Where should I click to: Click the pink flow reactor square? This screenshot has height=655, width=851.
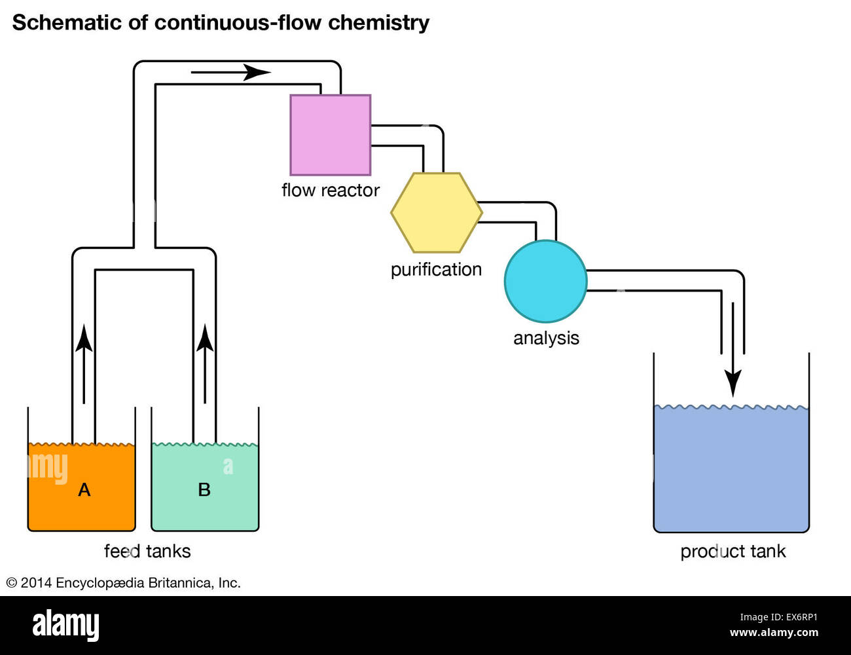(331, 135)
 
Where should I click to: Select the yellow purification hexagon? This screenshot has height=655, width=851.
(437, 213)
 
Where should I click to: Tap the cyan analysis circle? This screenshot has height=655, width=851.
(545, 281)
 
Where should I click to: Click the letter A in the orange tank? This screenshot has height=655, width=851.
(84, 490)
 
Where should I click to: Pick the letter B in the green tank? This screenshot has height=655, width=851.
(204, 490)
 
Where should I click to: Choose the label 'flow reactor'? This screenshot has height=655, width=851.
(331, 190)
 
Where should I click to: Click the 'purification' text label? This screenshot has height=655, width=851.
(436, 269)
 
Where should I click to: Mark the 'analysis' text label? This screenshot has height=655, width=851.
(546, 338)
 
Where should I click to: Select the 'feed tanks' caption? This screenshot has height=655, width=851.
(147, 551)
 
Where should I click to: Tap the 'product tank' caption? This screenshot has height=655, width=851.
(733, 552)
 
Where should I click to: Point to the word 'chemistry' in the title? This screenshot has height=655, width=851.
(378, 23)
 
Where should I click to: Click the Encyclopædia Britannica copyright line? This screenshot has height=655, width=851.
(124, 583)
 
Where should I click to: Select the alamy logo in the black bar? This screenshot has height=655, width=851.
(65, 625)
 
